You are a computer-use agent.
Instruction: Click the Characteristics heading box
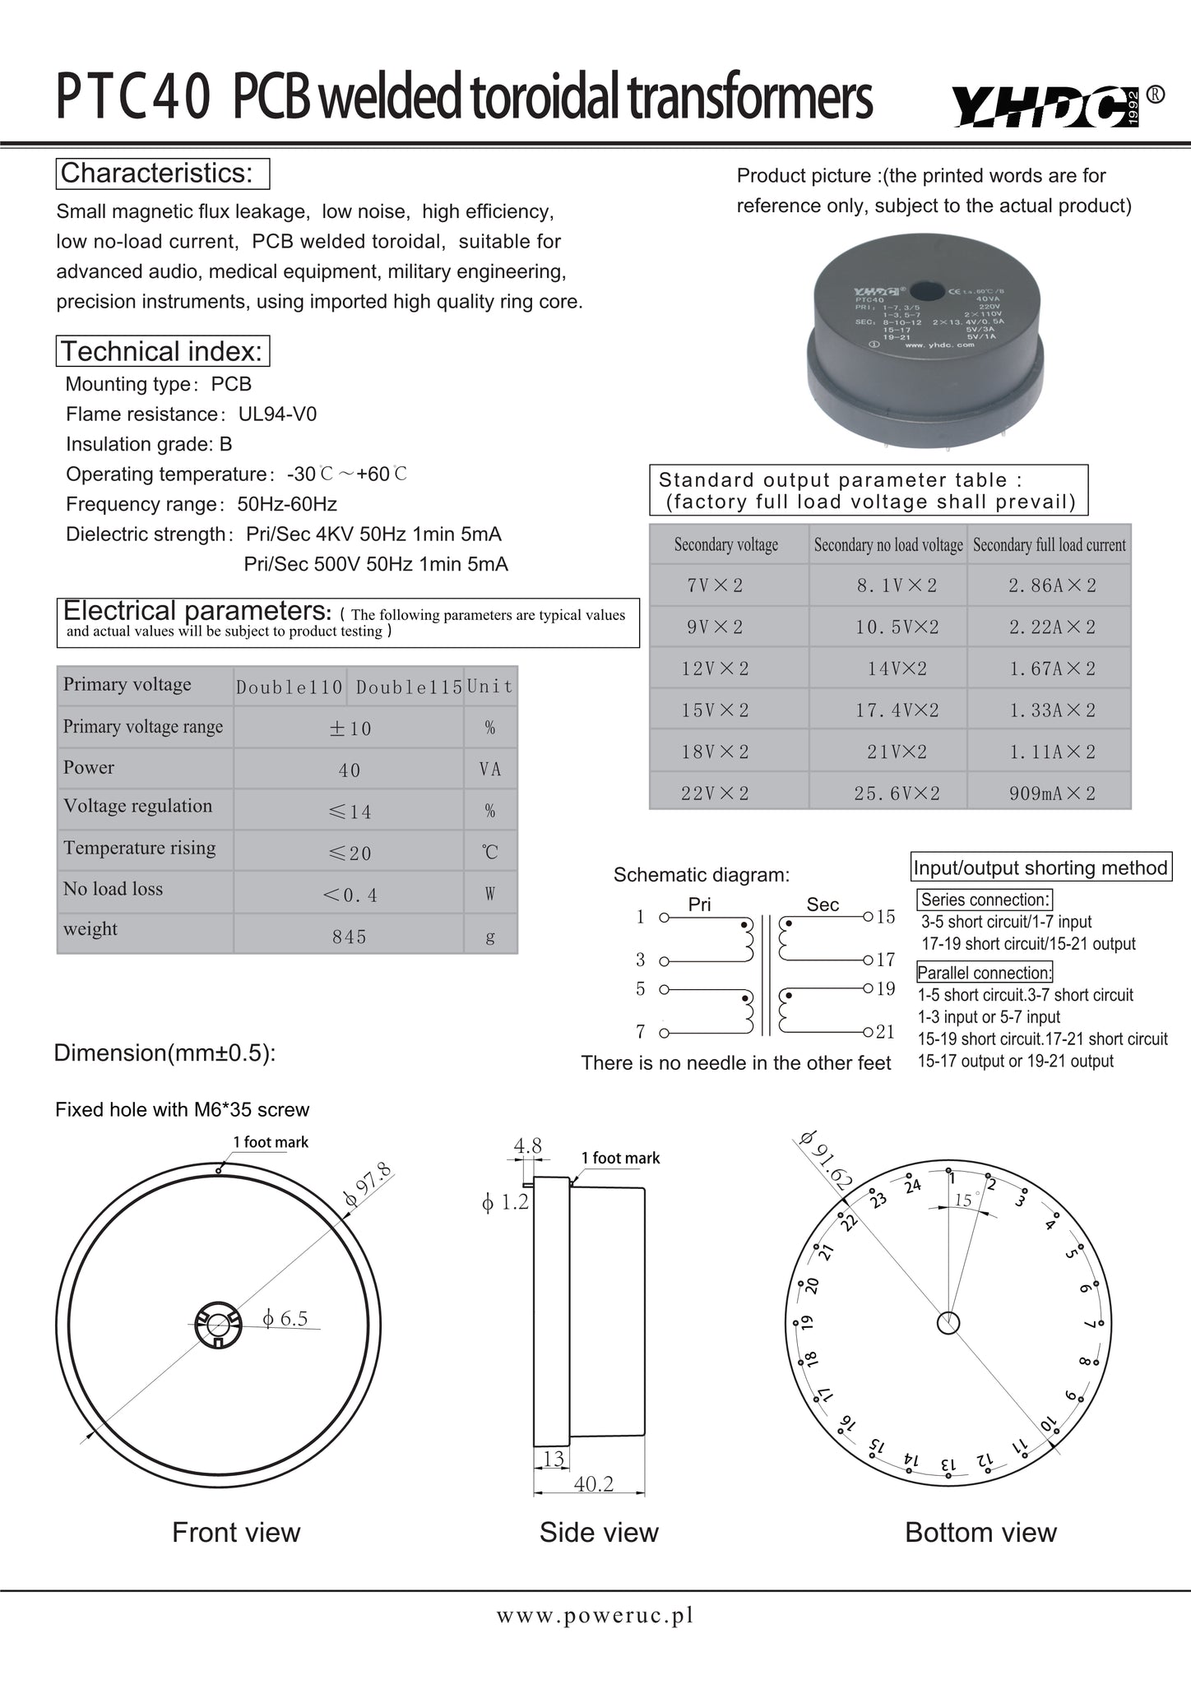point(163,173)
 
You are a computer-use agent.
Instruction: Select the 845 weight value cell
point(349,937)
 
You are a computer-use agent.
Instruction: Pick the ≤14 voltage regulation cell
point(349,812)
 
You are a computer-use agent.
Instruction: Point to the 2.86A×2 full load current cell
point(1052,585)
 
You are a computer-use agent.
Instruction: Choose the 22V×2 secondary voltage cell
point(715,793)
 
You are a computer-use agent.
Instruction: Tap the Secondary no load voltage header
point(888,545)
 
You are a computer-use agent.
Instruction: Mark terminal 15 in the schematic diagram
point(886,917)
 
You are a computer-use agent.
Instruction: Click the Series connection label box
point(985,900)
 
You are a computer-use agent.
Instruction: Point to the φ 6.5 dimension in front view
point(285,1319)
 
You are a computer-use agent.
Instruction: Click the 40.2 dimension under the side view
point(593,1484)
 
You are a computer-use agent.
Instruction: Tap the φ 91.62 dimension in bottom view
point(826,1160)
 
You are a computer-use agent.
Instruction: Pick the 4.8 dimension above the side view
point(527,1145)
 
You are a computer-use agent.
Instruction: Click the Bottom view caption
point(980,1533)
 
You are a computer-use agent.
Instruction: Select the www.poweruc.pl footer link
point(595,1616)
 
